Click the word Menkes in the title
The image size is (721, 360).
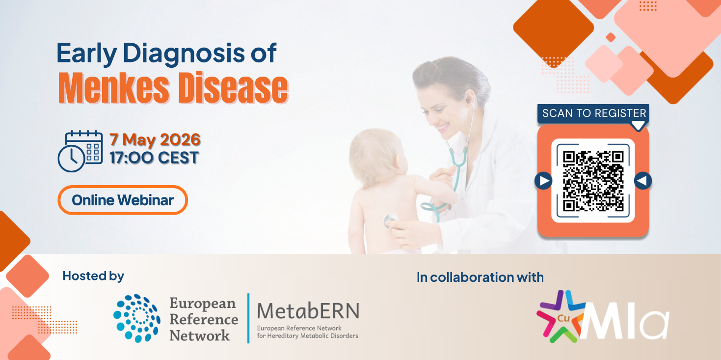(113, 88)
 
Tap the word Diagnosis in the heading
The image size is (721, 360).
(184, 54)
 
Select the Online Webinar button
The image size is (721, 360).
(123, 200)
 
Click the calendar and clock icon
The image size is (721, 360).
(80, 151)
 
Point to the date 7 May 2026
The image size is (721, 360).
(155, 139)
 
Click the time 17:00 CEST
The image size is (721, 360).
(154, 158)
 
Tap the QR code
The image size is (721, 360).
(593, 181)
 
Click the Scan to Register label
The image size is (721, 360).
(594, 113)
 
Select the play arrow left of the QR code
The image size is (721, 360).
(544, 181)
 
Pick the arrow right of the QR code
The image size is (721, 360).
(643, 181)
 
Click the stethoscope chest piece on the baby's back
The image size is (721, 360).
(391, 222)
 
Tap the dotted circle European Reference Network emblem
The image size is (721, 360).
(137, 318)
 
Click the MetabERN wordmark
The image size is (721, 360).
(308, 311)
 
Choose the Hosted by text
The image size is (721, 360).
(93, 277)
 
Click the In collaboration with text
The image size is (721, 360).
(480, 277)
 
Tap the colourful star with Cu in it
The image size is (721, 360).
(561, 316)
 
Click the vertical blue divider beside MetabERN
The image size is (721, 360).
(248, 318)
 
